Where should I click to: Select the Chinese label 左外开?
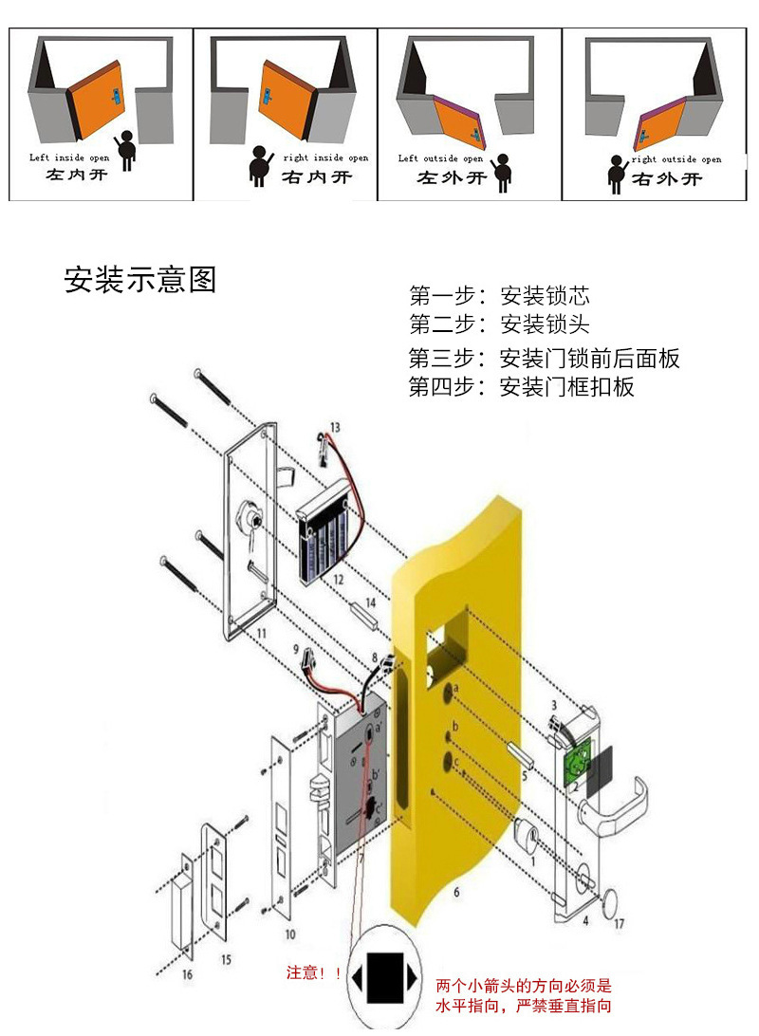pos(453,177)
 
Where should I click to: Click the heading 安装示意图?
pos(140,280)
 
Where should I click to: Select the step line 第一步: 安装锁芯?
pos(500,294)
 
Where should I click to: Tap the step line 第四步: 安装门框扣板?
pos(521,387)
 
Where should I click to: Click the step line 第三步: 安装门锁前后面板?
pos(544,359)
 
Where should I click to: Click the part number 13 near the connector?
pos(334,427)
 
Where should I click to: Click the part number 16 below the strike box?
pos(186,975)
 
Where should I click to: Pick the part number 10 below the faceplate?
pos(288,934)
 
